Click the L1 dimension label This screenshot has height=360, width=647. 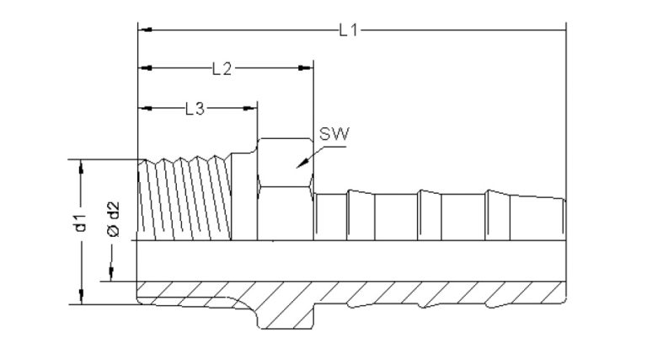tap(349, 30)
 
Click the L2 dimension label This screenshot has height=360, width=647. tap(222, 69)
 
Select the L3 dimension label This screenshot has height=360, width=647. tap(194, 108)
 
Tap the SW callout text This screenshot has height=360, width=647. tap(334, 134)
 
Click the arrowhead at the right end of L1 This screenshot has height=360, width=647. tap(560, 30)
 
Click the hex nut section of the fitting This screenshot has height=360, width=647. tap(285, 190)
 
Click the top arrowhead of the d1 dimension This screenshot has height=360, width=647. tap(81, 165)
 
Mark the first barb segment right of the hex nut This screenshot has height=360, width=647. tap(330, 218)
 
